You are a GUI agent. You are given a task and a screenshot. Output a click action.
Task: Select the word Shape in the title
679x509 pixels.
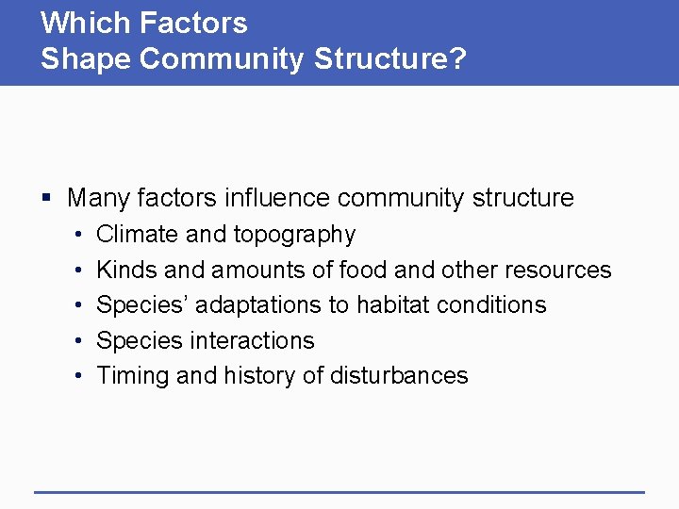coord(86,58)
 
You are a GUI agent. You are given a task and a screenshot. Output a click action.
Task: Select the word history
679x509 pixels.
coord(260,376)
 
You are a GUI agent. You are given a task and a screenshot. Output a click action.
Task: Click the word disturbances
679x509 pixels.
coord(399,375)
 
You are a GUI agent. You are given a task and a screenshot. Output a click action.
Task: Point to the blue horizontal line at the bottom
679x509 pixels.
coord(339,492)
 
